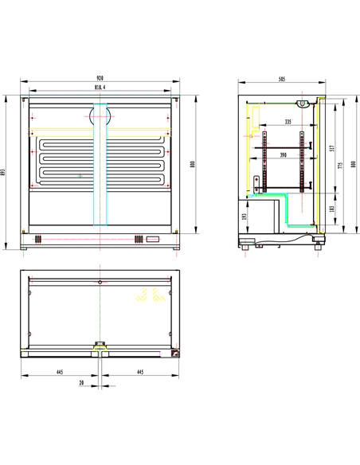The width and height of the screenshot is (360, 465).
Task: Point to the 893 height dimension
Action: (x=6, y=172)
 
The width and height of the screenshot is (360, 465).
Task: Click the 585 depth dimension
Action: (x=283, y=77)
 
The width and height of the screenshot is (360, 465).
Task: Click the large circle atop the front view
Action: (x=100, y=115)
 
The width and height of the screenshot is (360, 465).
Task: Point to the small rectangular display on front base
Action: (x=151, y=238)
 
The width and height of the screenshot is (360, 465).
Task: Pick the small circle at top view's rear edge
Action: (x=99, y=282)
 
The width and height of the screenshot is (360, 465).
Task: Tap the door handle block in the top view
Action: (x=100, y=345)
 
